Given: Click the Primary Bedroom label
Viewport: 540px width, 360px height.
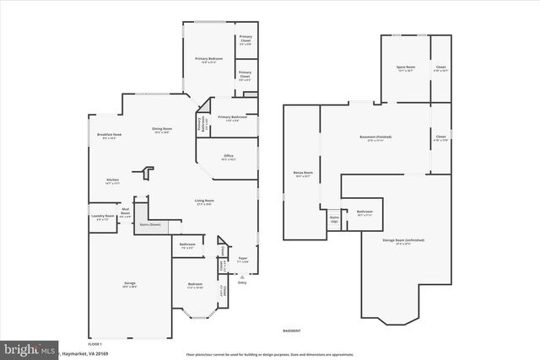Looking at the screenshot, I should (208, 58).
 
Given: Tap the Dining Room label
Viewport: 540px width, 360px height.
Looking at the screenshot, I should (162, 129).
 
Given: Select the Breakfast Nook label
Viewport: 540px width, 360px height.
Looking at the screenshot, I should (109, 136).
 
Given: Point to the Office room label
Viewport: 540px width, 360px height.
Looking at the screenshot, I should (229, 156).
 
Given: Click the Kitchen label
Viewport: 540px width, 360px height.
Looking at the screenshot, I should (112, 180).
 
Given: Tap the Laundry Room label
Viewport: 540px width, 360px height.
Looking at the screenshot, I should (103, 218).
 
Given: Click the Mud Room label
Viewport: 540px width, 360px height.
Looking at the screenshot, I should (125, 212).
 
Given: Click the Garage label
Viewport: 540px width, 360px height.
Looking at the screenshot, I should (130, 284).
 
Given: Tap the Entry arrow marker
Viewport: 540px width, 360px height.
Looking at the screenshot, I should (243, 276).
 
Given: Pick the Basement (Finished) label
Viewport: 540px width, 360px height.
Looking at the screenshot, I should (375, 137).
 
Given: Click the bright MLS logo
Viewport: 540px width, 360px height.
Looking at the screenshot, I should (30, 347).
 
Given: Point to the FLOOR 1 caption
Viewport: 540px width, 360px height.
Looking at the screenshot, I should (95, 344).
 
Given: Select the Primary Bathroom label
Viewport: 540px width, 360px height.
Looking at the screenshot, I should (233, 117).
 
